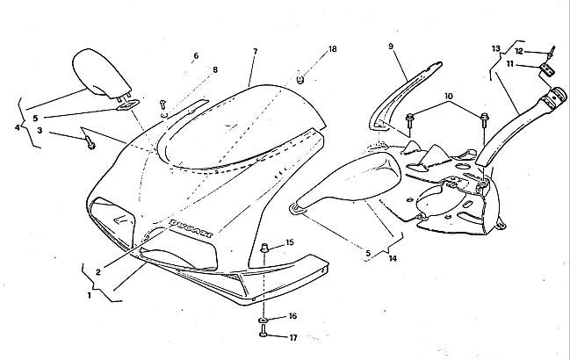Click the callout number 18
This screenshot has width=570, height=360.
point(332,50)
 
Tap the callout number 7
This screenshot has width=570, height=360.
point(254,52)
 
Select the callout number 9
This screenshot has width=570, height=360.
point(392,46)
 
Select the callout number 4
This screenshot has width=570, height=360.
point(18,128)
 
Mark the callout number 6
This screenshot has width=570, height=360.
point(195,56)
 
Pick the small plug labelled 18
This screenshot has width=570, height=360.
point(299,80)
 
